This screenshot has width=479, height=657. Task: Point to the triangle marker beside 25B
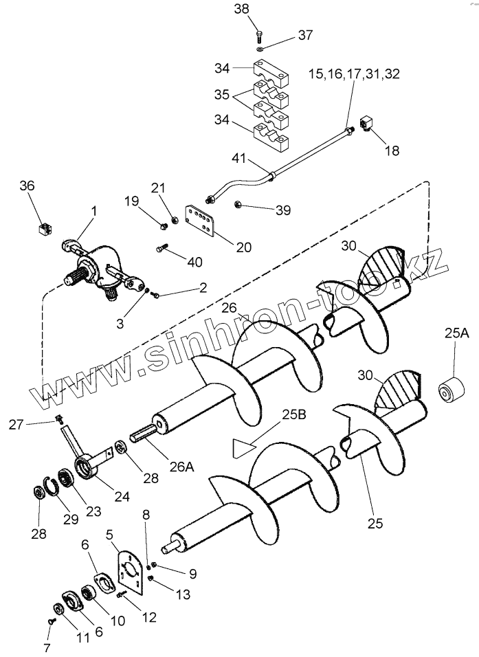[243, 447]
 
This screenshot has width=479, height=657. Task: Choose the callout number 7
[47, 647]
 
